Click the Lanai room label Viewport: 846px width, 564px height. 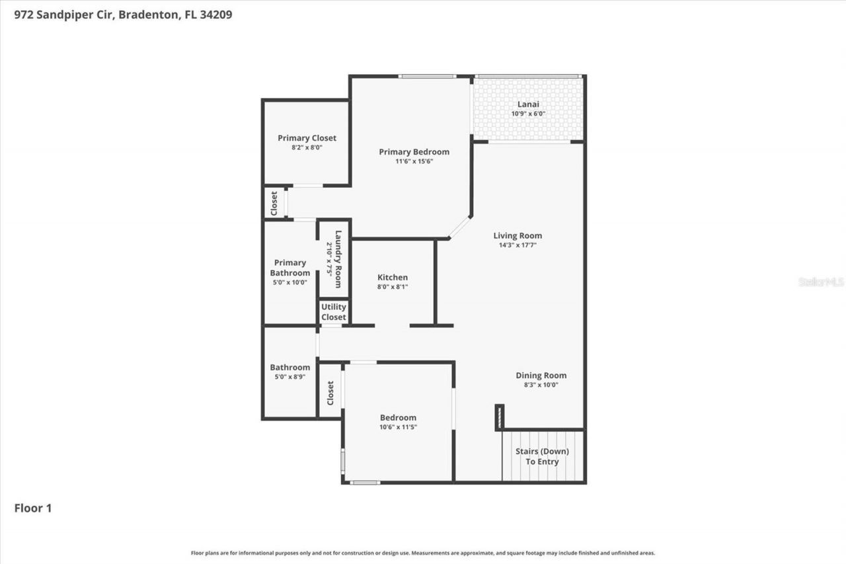pyautogui.click(x=528, y=104)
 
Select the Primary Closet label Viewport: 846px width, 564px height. pyautogui.click(x=307, y=138)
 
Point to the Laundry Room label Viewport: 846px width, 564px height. pyautogui.click(x=338, y=259)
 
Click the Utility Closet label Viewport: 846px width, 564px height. pyautogui.click(x=334, y=312)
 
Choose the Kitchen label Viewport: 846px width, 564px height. pyautogui.click(x=393, y=277)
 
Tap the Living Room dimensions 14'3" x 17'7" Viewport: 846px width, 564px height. pyautogui.click(x=518, y=245)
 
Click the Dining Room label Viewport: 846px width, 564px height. pyautogui.click(x=541, y=375)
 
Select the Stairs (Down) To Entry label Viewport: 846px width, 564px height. pyautogui.click(x=542, y=456)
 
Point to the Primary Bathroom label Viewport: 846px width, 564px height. pyautogui.click(x=289, y=268)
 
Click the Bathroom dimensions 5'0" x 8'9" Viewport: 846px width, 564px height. pyautogui.click(x=289, y=377)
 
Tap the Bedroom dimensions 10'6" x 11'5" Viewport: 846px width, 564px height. pyautogui.click(x=398, y=427)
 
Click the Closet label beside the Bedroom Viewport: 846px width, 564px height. pyautogui.click(x=330, y=393)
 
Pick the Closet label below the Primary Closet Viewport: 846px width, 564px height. pyautogui.click(x=274, y=203)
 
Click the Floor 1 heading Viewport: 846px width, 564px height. pyautogui.click(x=33, y=508)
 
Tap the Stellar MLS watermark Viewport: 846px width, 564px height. pyautogui.click(x=821, y=282)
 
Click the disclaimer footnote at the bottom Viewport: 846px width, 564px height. pyautogui.click(x=423, y=553)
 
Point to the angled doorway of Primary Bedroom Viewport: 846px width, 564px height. pyautogui.click(x=460, y=227)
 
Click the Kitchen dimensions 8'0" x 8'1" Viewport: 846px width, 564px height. pyautogui.click(x=393, y=287)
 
